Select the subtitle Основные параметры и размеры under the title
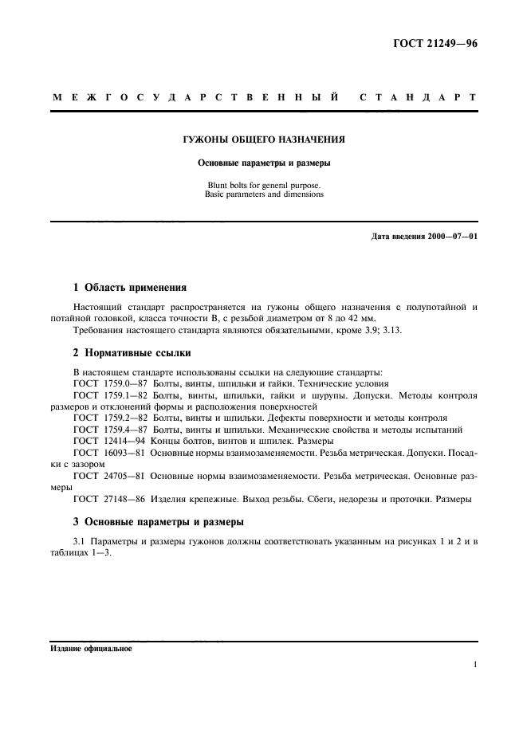point(264,163)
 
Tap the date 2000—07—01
point(450,237)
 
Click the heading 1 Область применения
point(130,287)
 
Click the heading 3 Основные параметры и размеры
point(159,522)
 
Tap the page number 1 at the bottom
point(474,663)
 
